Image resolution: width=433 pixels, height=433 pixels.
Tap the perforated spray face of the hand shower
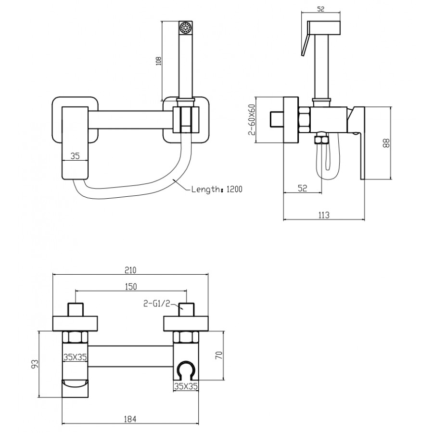pos(185,27)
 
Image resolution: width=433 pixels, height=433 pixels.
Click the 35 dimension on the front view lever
pos(75,156)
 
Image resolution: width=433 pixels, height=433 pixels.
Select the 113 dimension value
pos(324,215)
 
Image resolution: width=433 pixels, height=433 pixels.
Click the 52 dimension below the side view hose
pos(302,188)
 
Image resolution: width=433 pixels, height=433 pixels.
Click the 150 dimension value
pos(131,287)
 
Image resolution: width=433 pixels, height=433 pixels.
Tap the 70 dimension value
pos(219,355)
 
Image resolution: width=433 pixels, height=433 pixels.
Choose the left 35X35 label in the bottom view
pos(75,357)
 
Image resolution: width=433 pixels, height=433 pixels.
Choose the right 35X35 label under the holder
pos(185,385)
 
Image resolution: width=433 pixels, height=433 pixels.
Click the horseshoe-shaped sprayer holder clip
pos(185,371)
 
